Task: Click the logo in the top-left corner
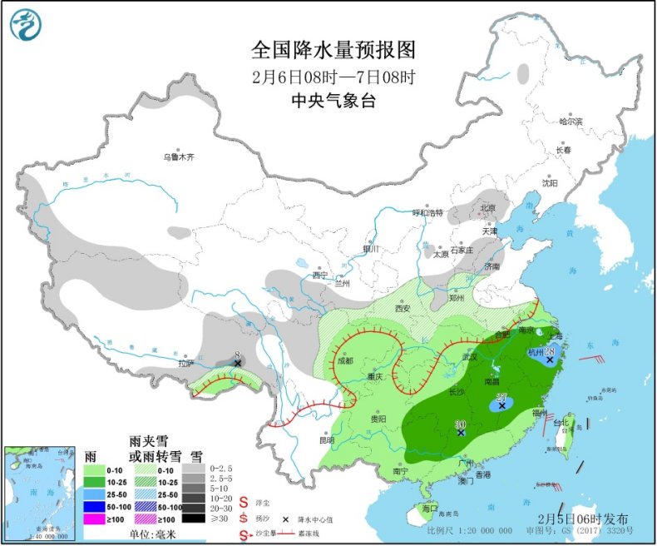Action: point(25,24)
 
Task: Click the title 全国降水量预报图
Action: point(333,51)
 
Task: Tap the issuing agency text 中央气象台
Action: point(333,100)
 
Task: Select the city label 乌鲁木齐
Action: point(178,156)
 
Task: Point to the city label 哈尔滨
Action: point(571,122)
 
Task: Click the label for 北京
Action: point(487,208)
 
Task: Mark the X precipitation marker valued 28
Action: point(550,360)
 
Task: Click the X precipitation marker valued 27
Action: point(501,406)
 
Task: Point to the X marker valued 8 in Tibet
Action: point(238,364)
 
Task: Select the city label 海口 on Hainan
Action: point(429,508)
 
